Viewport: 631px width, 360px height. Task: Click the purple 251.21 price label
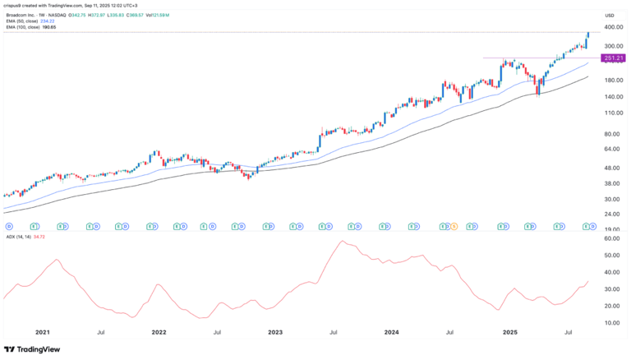coord(613,58)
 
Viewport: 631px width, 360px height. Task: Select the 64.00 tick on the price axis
coord(610,150)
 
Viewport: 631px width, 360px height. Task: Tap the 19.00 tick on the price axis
coord(610,230)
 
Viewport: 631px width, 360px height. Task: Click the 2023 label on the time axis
coord(275,333)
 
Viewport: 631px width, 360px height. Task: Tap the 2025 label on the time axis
coord(509,333)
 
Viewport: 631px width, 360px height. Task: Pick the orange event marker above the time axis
coord(454,225)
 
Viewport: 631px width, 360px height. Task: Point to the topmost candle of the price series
coord(588,35)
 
